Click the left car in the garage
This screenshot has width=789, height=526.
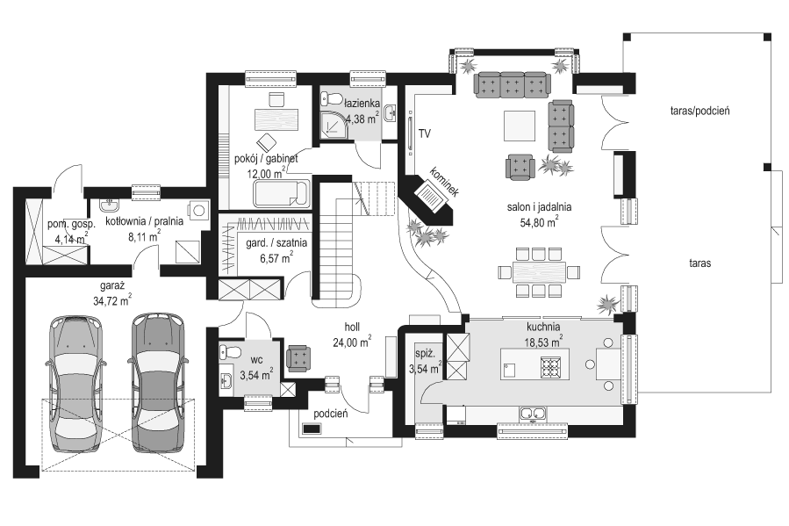coord(76,379)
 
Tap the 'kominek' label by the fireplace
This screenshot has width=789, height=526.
coord(444,181)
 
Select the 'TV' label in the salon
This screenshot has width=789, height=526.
coord(425,133)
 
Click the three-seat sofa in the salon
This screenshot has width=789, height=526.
coord(512,83)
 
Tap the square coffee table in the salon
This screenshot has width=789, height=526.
coord(520,126)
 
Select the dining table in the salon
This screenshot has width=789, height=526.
coord(539,272)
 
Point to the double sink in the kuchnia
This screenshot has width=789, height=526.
coord(533,414)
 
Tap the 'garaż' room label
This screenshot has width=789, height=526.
coord(112,286)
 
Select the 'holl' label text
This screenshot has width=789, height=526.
coord(352,328)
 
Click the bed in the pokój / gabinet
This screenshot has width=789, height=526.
coord(281,194)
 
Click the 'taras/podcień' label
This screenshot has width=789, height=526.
coord(700,111)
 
